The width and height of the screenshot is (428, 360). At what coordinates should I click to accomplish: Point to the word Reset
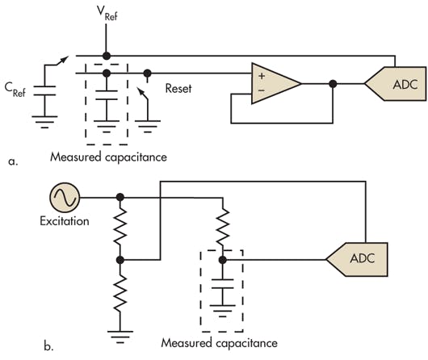[178, 88]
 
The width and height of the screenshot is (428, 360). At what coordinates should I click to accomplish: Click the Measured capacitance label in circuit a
[107, 157]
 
